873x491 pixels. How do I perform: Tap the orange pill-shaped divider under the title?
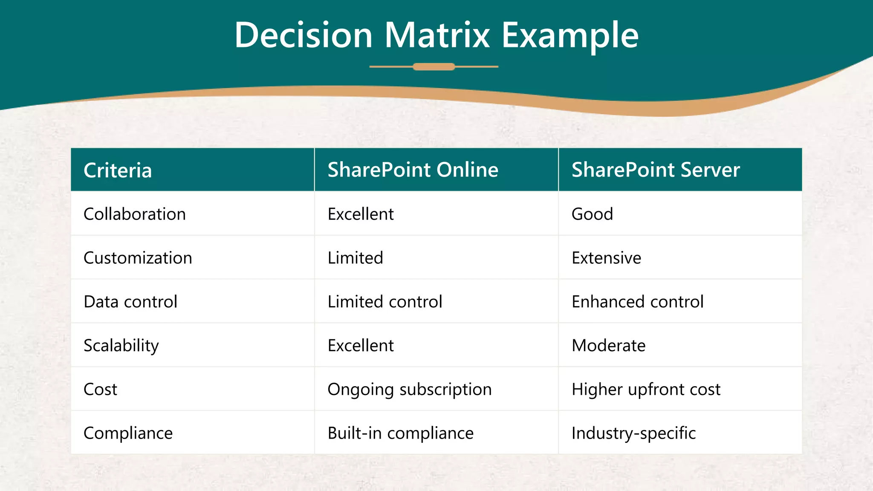click(434, 66)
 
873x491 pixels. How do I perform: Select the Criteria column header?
click(118, 170)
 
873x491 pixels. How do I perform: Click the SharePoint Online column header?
click(413, 170)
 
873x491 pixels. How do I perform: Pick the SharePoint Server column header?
click(655, 170)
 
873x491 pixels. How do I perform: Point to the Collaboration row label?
click(135, 214)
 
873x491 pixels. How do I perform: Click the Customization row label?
click(138, 258)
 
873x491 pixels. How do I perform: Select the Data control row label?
click(130, 302)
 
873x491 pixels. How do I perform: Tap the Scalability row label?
click(121, 346)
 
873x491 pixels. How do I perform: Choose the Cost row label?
click(100, 390)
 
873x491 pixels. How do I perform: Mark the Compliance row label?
click(128, 433)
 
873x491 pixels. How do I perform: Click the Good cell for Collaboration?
click(592, 214)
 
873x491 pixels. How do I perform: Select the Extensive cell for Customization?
click(606, 258)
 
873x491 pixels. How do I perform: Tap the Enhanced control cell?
click(637, 302)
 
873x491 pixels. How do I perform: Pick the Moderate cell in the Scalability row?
click(608, 346)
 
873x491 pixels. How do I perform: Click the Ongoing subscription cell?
click(409, 390)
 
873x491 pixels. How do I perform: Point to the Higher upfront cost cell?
click(646, 390)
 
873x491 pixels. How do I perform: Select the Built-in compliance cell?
click(400, 433)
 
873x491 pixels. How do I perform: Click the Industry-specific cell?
click(633, 433)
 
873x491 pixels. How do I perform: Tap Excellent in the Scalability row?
click(361, 346)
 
